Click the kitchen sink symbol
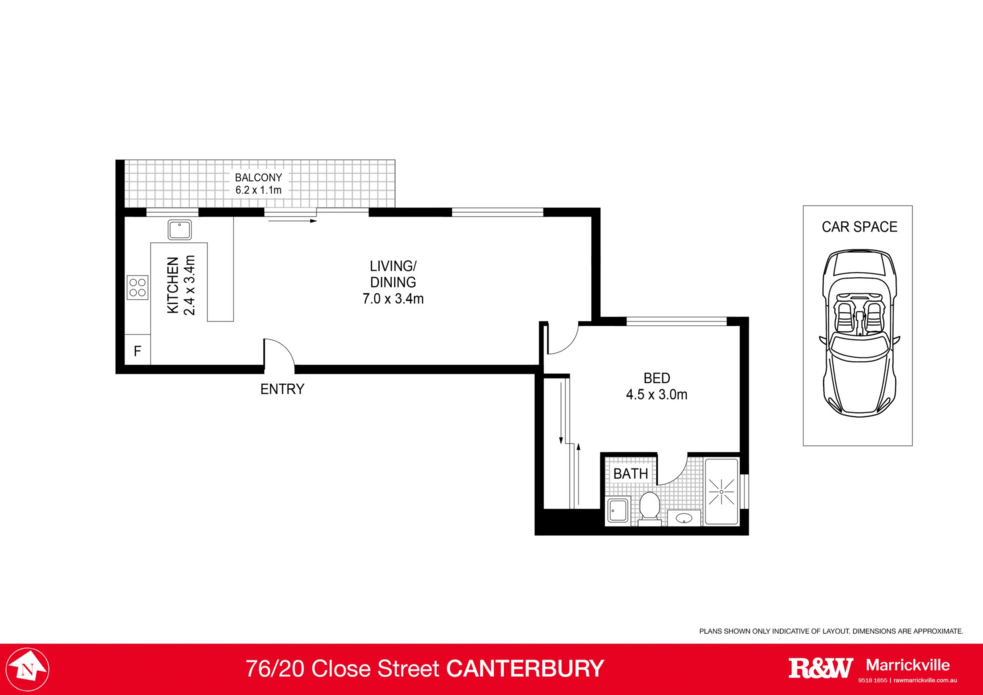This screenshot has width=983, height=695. pyautogui.click(x=180, y=230)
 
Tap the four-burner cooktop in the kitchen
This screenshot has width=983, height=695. pyautogui.click(x=137, y=287)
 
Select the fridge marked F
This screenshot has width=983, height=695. pyautogui.click(x=137, y=350)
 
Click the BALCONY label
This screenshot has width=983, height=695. pyautogui.click(x=259, y=177)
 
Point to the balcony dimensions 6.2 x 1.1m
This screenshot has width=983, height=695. pyautogui.click(x=259, y=190)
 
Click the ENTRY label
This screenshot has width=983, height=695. pyautogui.click(x=282, y=389)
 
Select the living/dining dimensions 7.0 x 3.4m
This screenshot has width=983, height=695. pyautogui.click(x=393, y=299)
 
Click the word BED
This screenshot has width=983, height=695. pyautogui.click(x=657, y=378)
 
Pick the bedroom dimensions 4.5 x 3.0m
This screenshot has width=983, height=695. pyautogui.click(x=657, y=394)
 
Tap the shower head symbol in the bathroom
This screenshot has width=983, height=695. pyautogui.click(x=721, y=492)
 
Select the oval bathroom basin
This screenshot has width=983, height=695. pyautogui.click(x=685, y=518)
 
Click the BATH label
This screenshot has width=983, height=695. pyautogui.click(x=631, y=474)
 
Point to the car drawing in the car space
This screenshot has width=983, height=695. pyautogui.click(x=859, y=333)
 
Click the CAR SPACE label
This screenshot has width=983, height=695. pyautogui.click(x=860, y=227)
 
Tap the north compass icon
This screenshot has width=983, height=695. pyautogui.click(x=28, y=669)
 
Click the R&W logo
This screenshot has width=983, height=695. pyautogui.click(x=821, y=668)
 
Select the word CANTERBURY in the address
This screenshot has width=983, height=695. pyautogui.click(x=525, y=669)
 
